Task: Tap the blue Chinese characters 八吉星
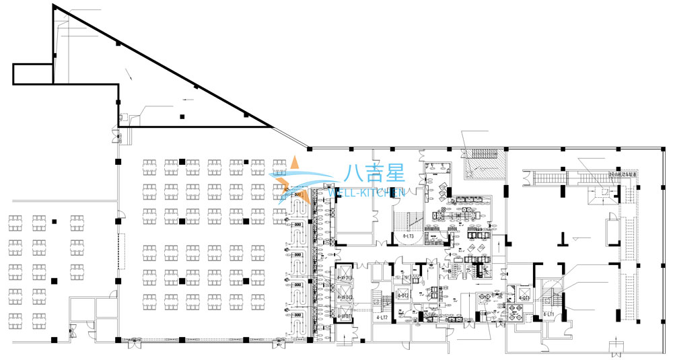374,174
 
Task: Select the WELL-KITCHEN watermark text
365,192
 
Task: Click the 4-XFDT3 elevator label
344,278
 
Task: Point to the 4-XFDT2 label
344,297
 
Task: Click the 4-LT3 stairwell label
408,237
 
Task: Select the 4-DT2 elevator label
403,295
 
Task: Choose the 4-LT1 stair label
548,314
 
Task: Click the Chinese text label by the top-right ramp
623,174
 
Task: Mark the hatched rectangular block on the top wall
483,162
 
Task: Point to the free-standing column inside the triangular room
182,117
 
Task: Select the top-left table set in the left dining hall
15,219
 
